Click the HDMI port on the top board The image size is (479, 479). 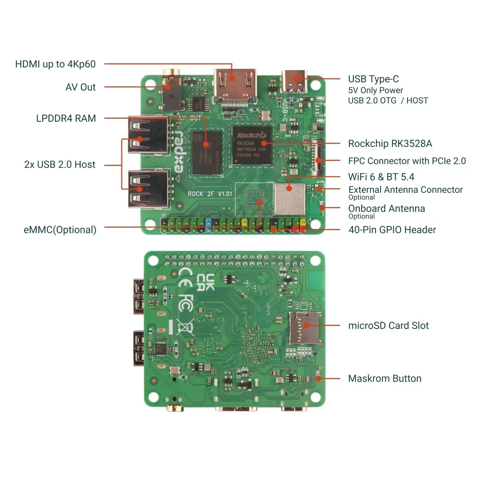point(235,85)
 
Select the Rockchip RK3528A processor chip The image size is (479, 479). point(252,145)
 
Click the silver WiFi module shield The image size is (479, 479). point(290,199)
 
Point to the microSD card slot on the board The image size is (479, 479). point(305,328)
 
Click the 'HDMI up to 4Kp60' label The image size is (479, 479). point(55,64)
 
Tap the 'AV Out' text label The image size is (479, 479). point(80,87)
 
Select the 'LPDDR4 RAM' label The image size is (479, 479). point(66,118)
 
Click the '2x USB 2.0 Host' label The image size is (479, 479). point(60,165)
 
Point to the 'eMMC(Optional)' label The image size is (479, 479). point(60,230)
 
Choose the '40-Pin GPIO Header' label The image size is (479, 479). point(392,230)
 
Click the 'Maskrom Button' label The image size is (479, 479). point(384,379)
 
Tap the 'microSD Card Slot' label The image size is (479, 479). point(388,326)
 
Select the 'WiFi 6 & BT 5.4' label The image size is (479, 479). point(381,177)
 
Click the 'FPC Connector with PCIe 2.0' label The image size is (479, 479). point(407,161)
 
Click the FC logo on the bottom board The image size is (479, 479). point(186,303)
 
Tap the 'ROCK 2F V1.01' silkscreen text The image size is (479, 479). point(210,194)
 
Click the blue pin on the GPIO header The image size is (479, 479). point(208,224)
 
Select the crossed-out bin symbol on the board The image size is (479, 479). point(186,327)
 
